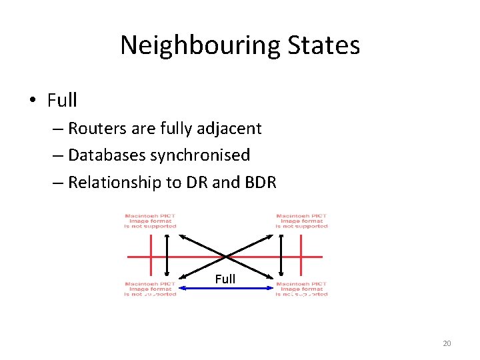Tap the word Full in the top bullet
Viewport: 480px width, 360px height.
[62, 101]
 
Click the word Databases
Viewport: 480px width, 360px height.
[107, 155]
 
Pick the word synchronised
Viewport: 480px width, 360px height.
[200, 155]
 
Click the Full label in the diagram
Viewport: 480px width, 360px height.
[225, 279]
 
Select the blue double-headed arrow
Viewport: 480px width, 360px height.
[225, 287]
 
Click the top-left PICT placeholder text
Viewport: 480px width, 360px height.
[151, 221]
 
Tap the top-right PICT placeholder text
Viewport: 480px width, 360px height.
[302, 221]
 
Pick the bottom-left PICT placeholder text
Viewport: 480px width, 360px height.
[151, 289]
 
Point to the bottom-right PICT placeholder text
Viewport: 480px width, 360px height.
[302, 289]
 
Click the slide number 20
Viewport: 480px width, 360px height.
[447, 343]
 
